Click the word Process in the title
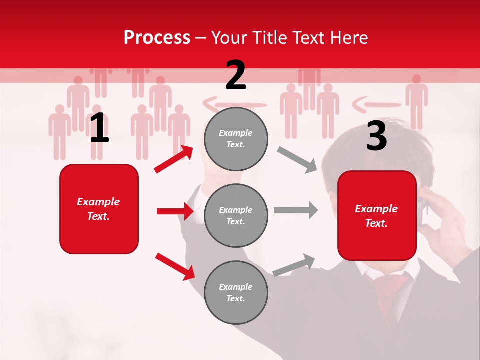(157, 37)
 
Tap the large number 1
(99, 128)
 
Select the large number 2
(236, 75)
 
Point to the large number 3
(376, 136)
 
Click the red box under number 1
(99, 209)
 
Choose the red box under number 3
(377, 215)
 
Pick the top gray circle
(236, 139)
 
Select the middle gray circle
(236, 215)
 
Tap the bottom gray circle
(236, 292)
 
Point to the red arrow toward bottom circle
(175, 266)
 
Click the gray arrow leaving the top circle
(297, 159)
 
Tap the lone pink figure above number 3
(416, 102)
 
